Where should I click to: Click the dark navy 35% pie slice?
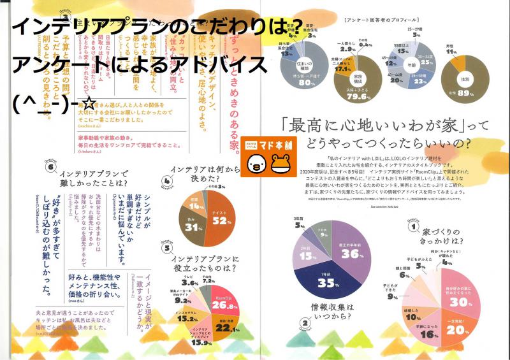tap(326, 281)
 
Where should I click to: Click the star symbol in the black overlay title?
tap(89, 101)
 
